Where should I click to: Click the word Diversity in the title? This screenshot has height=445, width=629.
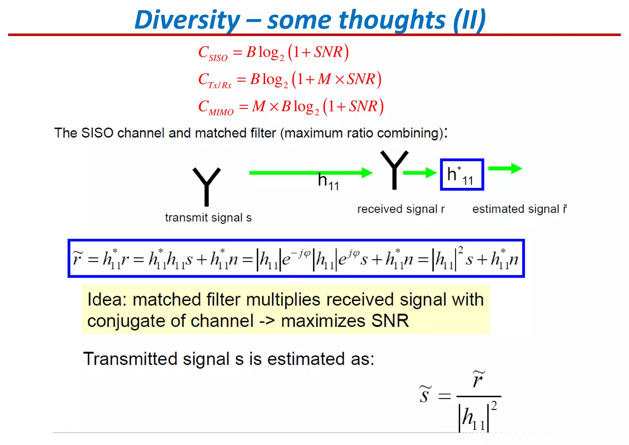(x=187, y=20)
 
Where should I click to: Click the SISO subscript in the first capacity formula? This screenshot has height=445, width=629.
(x=218, y=58)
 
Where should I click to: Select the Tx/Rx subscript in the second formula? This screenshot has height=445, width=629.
(x=220, y=85)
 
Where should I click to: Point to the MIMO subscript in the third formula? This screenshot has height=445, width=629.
(x=221, y=112)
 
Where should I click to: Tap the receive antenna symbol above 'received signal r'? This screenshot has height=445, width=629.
(x=394, y=169)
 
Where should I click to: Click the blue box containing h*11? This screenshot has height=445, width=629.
(x=462, y=174)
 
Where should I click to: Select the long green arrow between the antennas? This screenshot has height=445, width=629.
(x=310, y=173)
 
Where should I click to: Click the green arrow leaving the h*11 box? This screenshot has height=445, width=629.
(x=505, y=168)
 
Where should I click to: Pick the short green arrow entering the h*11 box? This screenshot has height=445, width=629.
(x=420, y=173)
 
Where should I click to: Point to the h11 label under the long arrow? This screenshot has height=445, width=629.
(x=328, y=181)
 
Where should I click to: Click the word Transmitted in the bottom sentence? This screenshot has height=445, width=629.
(x=130, y=359)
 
